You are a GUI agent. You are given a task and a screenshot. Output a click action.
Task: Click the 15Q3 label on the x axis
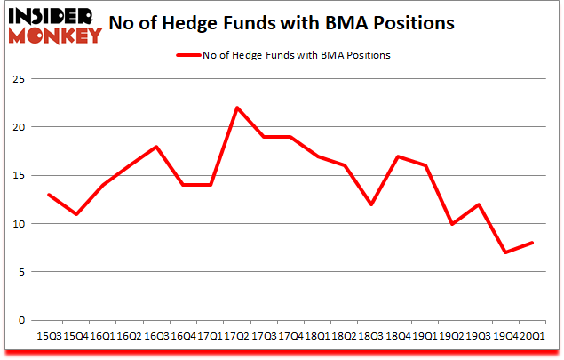click(x=48, y=335)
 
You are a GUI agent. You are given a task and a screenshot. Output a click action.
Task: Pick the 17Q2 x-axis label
click(x=237, y=335)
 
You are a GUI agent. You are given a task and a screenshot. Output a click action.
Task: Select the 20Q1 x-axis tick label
click(x=533, y=335)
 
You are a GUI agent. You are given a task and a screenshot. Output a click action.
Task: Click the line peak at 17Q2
click(x=237, y=108)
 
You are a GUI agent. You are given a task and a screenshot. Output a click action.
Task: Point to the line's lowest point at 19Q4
click(x=505, y=252)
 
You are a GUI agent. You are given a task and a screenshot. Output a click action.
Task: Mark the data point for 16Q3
click(x=156, y=147)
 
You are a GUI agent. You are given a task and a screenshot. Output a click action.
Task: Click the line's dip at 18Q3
click(x=371, y=204)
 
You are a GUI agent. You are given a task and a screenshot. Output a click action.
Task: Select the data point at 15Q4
click(x=75, y=214)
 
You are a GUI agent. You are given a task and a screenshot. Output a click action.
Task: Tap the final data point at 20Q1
click(x=532, y=243)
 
